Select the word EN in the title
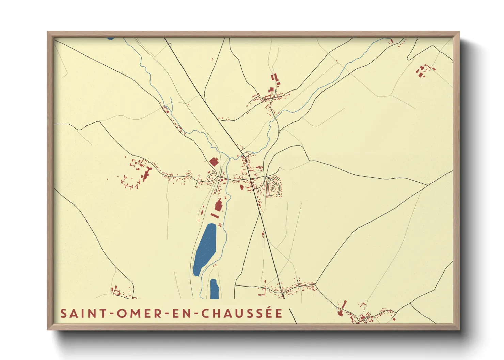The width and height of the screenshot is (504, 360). [181, 313]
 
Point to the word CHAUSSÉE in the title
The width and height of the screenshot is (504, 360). [241, 313]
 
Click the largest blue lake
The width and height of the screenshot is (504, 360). [205, 249]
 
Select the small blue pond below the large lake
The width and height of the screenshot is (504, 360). [214, 289]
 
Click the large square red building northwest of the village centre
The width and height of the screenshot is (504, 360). [214, 162]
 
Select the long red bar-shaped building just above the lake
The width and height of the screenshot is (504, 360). [215, 215]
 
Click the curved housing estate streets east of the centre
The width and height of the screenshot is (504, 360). [274, 186]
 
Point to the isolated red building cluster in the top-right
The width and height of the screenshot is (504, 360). [423, 70]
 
